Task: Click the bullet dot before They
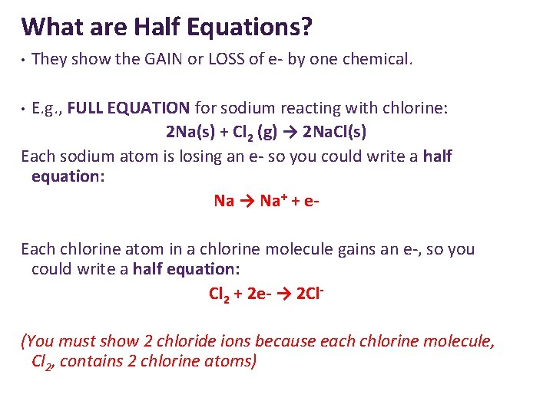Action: pos(24,60)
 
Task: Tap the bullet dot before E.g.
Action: pos(24,108)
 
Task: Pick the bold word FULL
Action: pos(86,108)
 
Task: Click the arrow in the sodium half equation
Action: pos(247,201)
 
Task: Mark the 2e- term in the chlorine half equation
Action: pos(260,294)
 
